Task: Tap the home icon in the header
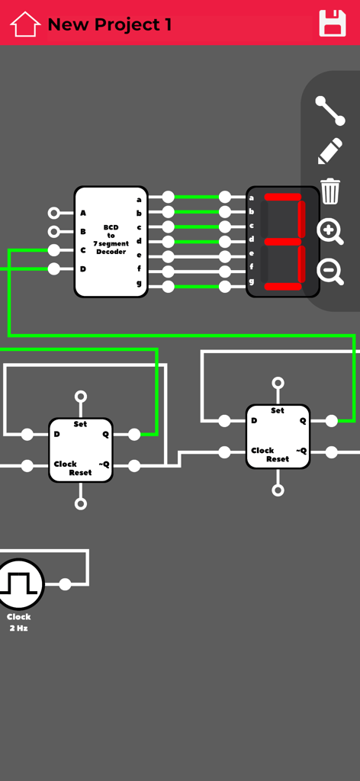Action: (x=25, y=24)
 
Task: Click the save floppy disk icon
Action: (x=333, y=24)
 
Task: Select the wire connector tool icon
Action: (x=330, y=111)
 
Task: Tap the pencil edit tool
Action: (x=330, y=151)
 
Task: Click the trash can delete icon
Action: (x=330, y=191)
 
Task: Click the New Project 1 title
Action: (x=109, y=24)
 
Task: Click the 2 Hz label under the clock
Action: (x=18, y=628)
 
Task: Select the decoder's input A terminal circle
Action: (x=53, y=214)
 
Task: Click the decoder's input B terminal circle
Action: (x=53, y=232)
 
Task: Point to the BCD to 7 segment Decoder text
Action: (x=111, y=239)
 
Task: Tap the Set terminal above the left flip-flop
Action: (x=81, y=397)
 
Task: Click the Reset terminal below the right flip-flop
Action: (x=278, y=490)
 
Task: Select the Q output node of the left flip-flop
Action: (x=134, y=435)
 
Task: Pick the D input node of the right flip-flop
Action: (x=224, y=421)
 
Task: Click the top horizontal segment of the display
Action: (x=282, y=198)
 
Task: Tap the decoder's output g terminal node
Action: (x=169, y=287)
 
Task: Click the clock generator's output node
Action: (x=66, y=585)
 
